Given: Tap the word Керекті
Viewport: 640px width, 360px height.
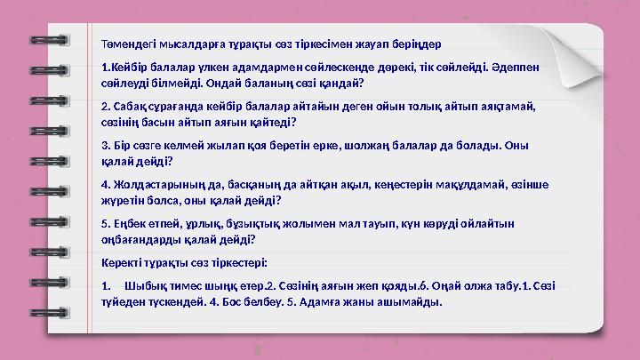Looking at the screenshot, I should coord(124,263).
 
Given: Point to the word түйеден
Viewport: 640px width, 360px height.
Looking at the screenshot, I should coord(124,301).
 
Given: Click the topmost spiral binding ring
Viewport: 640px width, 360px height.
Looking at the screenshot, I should coord(44,41).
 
